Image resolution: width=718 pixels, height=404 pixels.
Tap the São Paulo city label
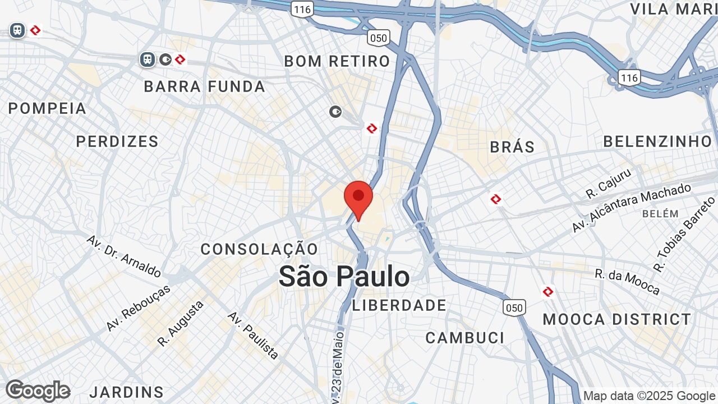(x=344, y=277)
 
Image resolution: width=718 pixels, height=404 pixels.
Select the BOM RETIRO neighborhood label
(x=337, y=61)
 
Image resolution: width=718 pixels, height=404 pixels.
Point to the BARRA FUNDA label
(x=205, y=86)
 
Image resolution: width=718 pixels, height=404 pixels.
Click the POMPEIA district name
(x=48, y=108)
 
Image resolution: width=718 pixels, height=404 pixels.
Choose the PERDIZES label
(x=118, y=141)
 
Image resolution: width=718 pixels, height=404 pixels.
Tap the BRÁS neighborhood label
(x=512, y=147)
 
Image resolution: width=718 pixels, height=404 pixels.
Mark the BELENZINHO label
(x=657, y=141)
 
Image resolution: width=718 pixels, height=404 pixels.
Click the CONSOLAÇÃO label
(x=259, y=249)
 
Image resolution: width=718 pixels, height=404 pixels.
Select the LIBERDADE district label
(x=399, y=305)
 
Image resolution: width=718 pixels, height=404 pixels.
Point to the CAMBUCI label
(x=465, y=338)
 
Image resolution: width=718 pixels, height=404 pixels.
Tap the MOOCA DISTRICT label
(x=617, y=319)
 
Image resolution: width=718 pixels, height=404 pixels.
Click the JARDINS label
(x=127, y=392)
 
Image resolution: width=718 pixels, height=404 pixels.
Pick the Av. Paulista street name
(x=253, y=335)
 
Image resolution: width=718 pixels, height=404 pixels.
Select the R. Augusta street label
(x=181, y=323)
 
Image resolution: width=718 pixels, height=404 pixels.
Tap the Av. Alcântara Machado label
(x=631, y=208)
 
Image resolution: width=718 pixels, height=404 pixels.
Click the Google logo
(x=38, y=391)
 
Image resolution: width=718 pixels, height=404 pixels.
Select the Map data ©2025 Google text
(x=650, y=396)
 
